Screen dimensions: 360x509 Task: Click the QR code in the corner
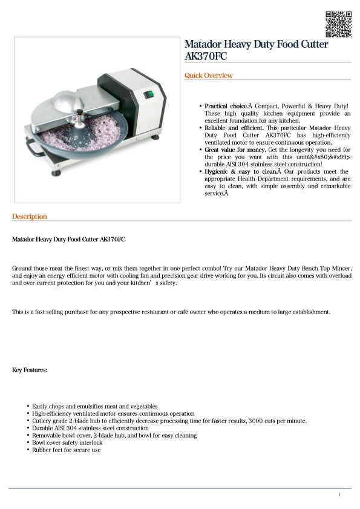tap(338, 24)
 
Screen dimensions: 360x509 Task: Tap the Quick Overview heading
tap(208, 76)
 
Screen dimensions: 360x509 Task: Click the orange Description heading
tap(30, 217)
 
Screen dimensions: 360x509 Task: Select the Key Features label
tap(30, 370)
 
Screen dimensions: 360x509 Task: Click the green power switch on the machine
tap(147, 94)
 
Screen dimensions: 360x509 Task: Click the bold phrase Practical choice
tap(225, 106)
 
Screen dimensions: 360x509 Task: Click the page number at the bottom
tap(339, 495)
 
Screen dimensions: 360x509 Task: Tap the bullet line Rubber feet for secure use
tap(67, 450)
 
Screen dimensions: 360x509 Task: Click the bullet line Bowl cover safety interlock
tap(67, 442)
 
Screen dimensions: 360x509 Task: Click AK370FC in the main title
tap(207, 56)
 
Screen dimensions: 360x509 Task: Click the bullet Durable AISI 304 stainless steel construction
tap(90, 428)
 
